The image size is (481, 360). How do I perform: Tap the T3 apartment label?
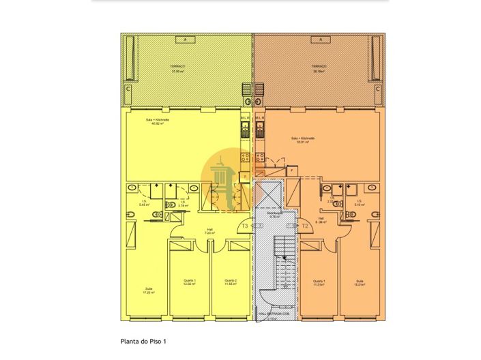coord(244,225)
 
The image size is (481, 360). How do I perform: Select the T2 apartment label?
coord(305,225)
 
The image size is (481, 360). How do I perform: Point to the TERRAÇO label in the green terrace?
coord(179,68)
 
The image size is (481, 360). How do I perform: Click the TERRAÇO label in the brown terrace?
coord(319,68)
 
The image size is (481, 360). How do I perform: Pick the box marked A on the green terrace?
coord(184,40)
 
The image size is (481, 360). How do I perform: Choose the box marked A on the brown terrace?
coord(319,40)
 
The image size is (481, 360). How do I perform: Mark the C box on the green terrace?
coord(128,88)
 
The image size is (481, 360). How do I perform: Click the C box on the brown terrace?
coord(377,88)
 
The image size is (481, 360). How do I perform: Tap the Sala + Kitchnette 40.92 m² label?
coord(158,122)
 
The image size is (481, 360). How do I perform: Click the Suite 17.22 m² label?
coord(149,291)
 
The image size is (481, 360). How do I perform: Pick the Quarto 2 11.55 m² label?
coord(230,282)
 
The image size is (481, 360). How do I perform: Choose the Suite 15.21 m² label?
coord(360,282)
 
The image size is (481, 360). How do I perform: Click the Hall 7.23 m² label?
coord(209,232)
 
